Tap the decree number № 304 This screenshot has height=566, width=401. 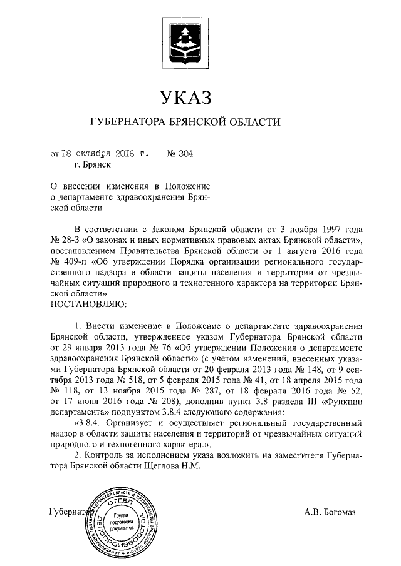[179, 152]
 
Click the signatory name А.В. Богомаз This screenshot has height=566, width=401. [330, 513]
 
